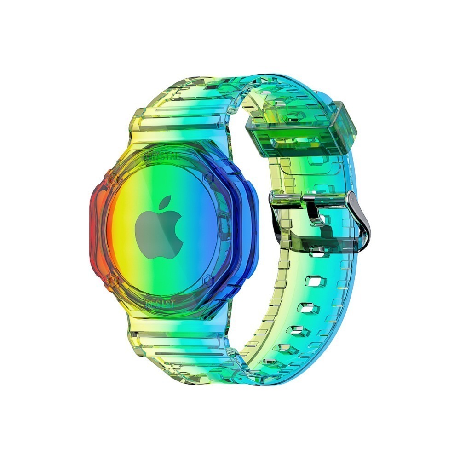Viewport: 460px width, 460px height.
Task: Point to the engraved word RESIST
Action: coord(160,304)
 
